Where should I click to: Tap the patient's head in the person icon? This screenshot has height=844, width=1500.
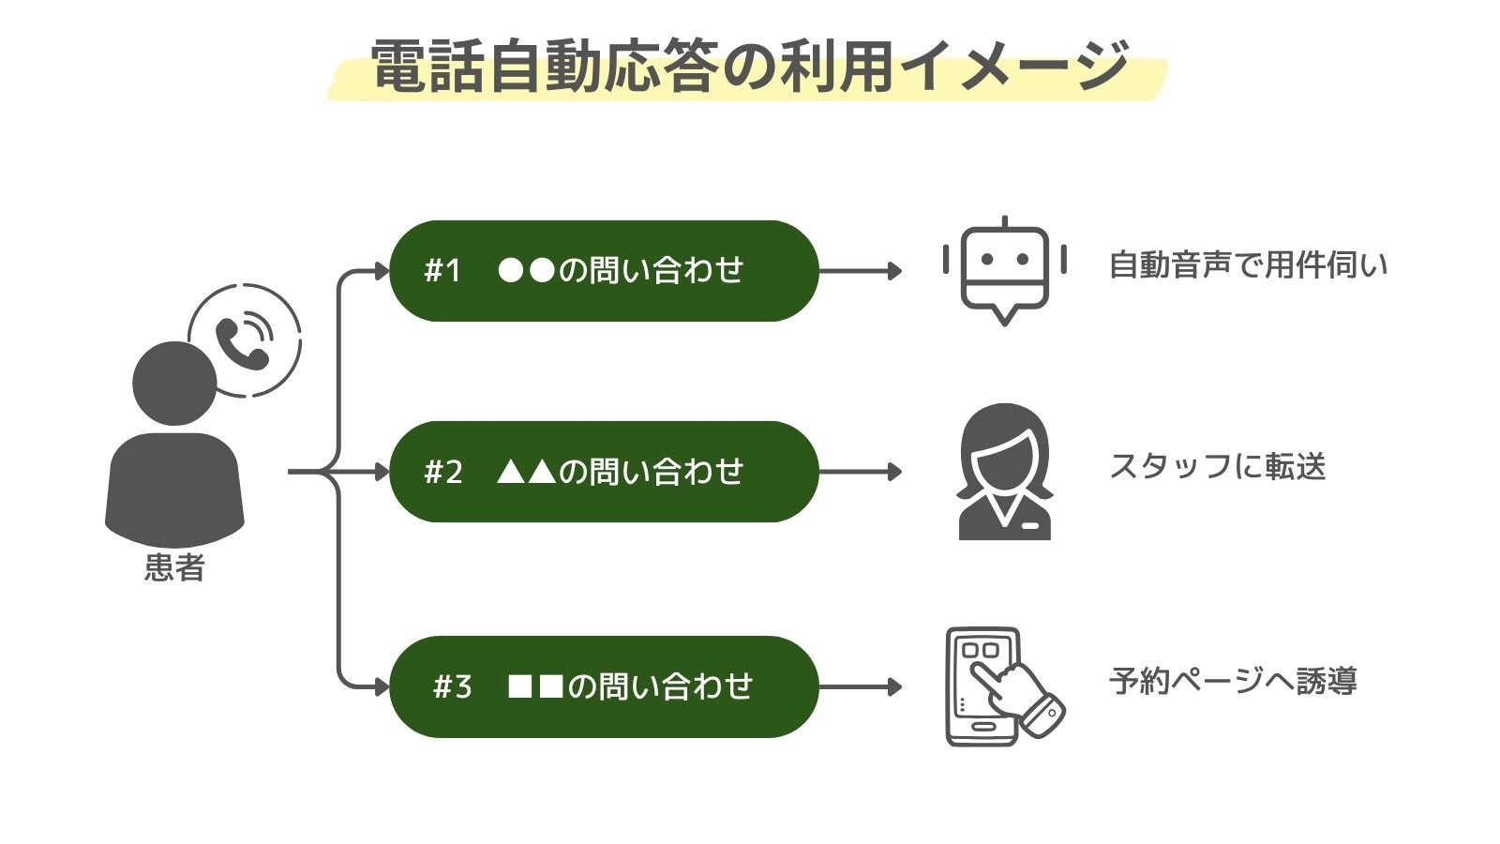(174, 383)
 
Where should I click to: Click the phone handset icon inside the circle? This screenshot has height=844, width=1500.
(243, 342)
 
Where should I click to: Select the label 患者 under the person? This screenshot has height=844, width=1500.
(174, 567)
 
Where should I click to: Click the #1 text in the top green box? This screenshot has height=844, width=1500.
(442, 271)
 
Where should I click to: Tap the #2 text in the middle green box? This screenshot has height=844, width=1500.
(442, 472)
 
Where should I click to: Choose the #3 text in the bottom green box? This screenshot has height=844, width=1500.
(452, 686)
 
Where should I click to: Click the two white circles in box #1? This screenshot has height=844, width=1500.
(526, 271)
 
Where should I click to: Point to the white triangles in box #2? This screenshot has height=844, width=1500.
(526, 472)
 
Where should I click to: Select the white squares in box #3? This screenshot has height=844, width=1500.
(535, 686)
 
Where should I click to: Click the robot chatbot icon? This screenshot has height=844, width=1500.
(1004, 272)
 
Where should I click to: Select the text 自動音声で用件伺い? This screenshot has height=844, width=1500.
(1247, 265)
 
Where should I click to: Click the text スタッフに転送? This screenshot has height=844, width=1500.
(1217, 466)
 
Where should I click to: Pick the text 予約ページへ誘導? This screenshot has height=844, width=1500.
(1232, 681)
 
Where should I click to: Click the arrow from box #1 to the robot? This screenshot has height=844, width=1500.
(859, 271)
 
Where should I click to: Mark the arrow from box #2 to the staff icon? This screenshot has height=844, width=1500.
(859, 472)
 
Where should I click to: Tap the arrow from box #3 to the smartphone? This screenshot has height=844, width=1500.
(859, 686)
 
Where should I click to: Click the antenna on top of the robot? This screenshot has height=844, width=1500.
(1004, 222)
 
